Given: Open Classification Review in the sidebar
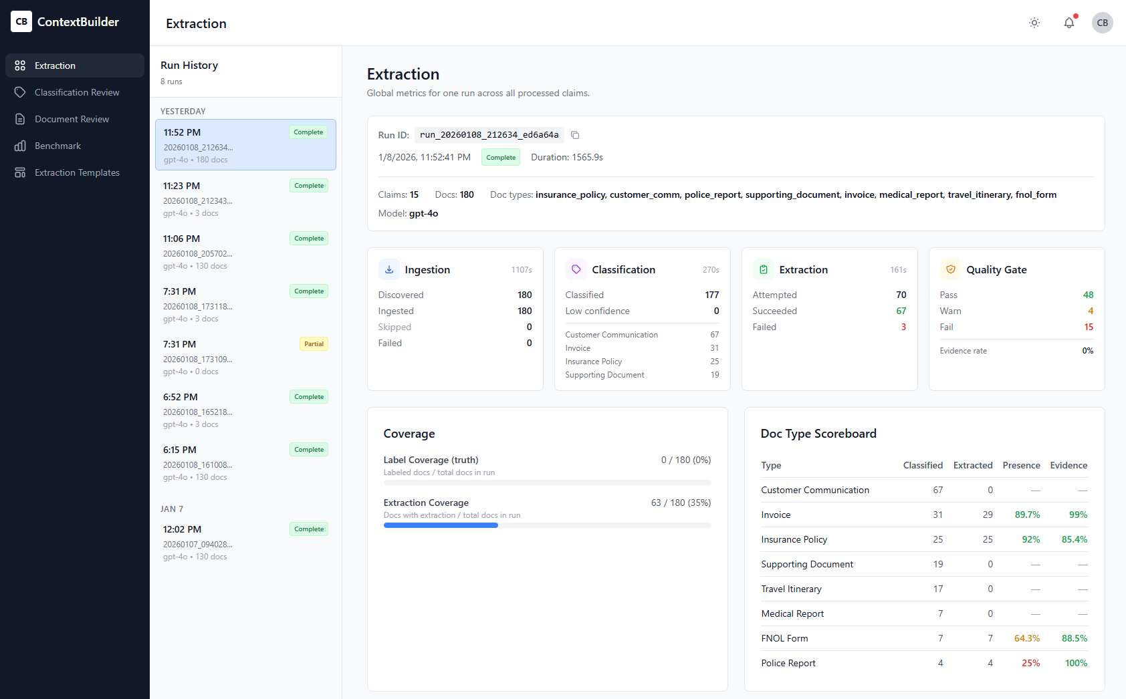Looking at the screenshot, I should coord(76,92).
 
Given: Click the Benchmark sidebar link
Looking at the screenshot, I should coord(58,146).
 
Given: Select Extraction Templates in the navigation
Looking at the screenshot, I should coord(77,172).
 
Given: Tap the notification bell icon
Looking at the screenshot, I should coord(1069,23).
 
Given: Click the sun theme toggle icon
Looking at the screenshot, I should coord(1034,23).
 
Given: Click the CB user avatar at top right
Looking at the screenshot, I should coord(1102,23).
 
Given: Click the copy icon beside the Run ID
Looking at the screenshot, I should coord(575,135).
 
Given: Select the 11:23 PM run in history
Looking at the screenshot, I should coord(245,198).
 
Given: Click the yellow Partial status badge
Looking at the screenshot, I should coord(314,344).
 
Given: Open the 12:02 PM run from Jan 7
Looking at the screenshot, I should coord(245,542).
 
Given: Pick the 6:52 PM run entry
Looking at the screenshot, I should coord(245,410).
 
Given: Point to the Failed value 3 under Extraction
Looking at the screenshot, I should coord(903,327).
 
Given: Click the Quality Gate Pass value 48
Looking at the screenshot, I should coord(1088,295).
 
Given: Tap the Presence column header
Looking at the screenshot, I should coord(1021,465).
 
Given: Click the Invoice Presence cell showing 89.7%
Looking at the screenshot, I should coord(1027,515).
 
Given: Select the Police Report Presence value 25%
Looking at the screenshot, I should coord(1030,663).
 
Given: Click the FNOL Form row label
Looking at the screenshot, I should coord(784,638).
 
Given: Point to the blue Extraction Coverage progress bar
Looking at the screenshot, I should coord(441,525).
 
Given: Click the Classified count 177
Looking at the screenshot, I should coord(711,295).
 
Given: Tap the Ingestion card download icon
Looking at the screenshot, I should coord(389,269).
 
